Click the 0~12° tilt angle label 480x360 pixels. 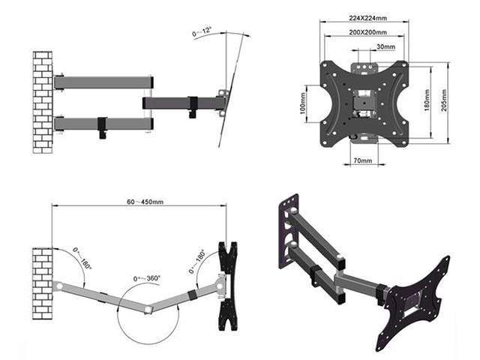[203, 33]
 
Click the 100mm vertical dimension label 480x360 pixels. [304, 104]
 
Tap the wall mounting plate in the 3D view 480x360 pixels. [290, 228]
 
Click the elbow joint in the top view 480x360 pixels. [150, 307]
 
